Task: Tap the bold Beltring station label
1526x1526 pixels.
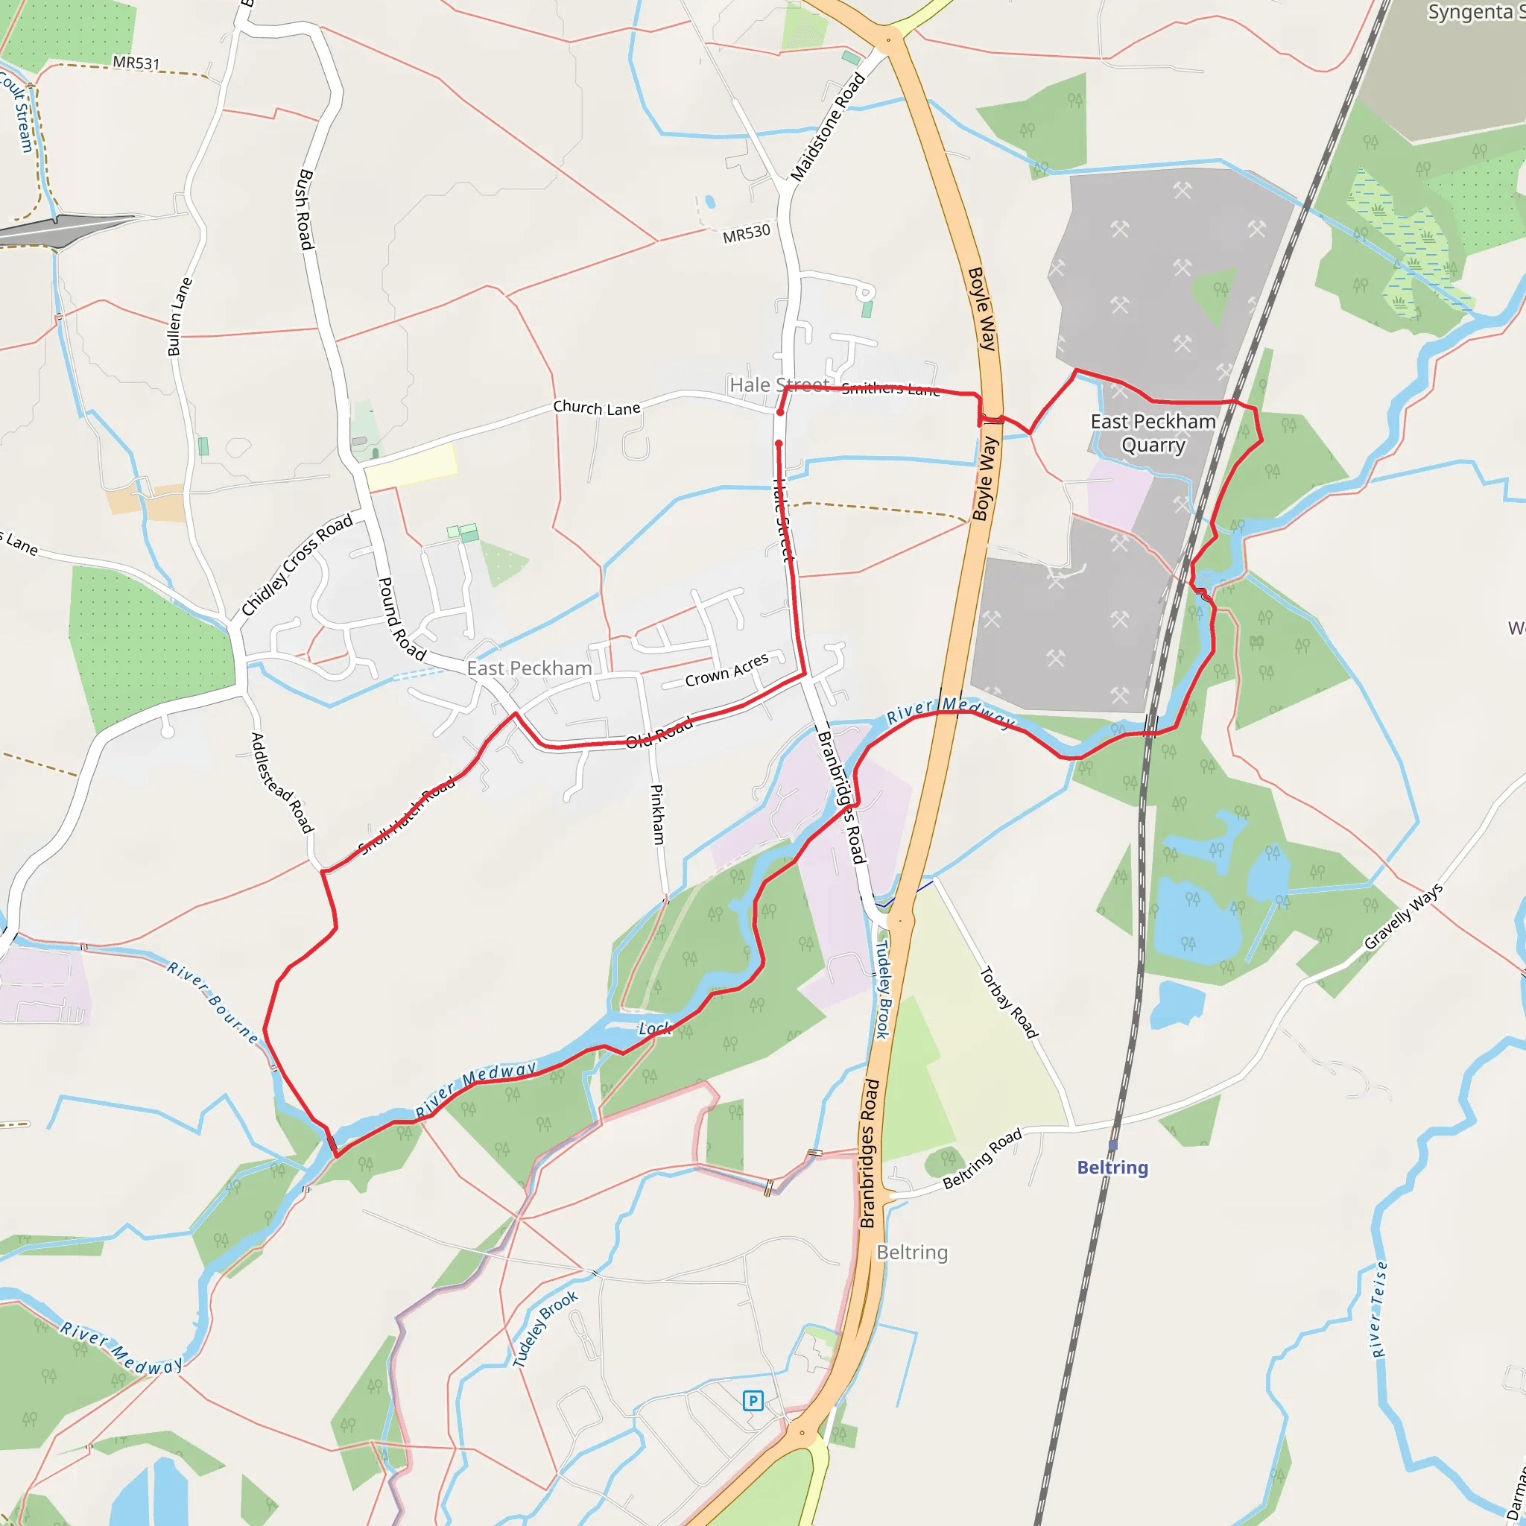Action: pos(1112,1168)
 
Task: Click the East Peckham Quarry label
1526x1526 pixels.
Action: pos(1153,433)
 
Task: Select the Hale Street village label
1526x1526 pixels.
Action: pos(779,384)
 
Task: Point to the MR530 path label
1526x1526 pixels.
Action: pos(746,234)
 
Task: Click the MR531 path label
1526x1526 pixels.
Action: pos(136,63)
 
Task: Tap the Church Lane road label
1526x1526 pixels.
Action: pos(596,408)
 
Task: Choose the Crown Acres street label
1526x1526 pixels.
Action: pos(726,670)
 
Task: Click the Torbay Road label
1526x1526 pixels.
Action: pos(1008,1002)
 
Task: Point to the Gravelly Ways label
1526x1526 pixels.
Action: pos(1403,916)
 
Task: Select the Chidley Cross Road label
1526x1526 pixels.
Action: pos(297,565)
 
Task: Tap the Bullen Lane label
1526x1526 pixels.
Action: pos(180,316)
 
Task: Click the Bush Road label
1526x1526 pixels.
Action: pos(305,209)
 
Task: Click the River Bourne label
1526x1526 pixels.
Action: pos(212,1002)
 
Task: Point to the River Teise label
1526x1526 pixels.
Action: pos(1379,1308)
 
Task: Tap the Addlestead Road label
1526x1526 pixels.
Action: pos(281,782)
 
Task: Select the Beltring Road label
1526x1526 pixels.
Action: pos(982,1158)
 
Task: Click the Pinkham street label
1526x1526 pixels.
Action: pos(657,814)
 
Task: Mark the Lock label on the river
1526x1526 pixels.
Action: pos(654,1028)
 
